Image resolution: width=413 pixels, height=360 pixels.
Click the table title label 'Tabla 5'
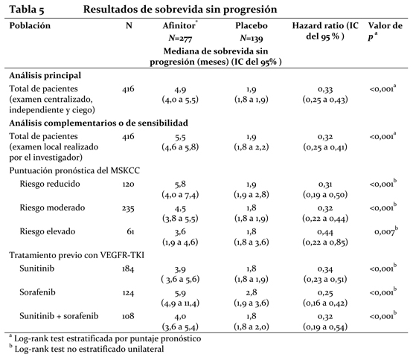[27, 10]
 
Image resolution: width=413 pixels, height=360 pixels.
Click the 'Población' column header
[30, 26]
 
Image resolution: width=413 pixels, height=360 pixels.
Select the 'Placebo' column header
[252, 26]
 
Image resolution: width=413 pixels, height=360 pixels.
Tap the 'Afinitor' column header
[179, 26]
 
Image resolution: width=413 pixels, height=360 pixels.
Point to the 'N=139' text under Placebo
[252, 39]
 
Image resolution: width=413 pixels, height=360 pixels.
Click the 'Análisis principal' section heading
[45, 76]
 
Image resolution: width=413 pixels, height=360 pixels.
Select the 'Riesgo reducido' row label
[50, 184]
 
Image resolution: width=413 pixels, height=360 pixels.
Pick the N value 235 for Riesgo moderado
[128, 208]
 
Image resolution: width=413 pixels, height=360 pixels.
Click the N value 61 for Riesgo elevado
[130, 232]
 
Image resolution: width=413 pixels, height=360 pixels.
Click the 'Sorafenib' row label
[37, 292]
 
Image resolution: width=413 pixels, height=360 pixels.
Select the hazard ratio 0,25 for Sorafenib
[325, 293]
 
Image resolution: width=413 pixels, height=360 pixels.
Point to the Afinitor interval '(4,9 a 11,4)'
[180, 303]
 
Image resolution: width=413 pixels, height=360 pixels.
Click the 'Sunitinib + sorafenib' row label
[59, 316]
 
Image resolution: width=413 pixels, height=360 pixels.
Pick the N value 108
[128, 316]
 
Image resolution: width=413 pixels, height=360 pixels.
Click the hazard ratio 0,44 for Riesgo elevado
[325, 232]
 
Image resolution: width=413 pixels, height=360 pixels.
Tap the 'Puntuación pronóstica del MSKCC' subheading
[74, 171]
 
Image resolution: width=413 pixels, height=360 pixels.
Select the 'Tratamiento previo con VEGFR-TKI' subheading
[77, 255]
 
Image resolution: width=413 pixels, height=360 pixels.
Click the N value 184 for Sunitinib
[128, 269]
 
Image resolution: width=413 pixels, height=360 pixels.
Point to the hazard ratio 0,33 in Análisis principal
[325, 89]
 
